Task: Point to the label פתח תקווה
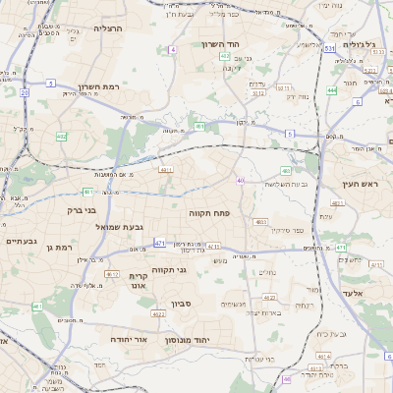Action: tap(209, 211)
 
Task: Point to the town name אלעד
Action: tap(351, 293)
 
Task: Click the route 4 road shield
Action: tap(173, 48)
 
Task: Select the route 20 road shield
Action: tap(24, 91)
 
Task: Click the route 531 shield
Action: tap(330, 47)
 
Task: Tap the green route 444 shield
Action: tap(332, 90)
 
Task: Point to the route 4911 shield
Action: tap(165, 169)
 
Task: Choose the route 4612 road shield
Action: tap(112, 274)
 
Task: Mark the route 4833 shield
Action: tap(261, 222)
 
